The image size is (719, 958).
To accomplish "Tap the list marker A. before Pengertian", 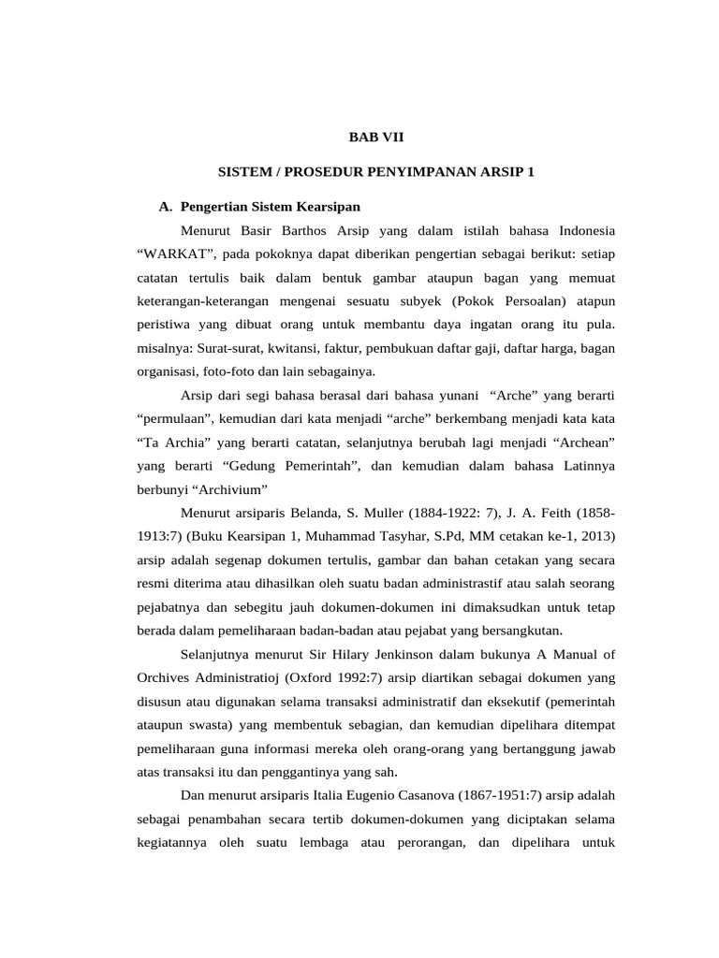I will click(167, 206).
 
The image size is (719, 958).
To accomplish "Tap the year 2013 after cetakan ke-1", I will click(596, 535).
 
